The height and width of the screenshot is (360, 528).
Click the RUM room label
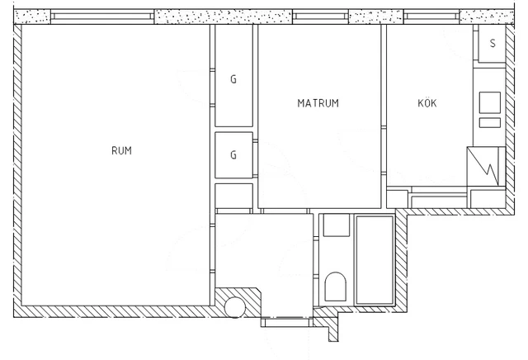point(121,151)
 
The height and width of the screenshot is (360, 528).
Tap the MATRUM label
point(318,103)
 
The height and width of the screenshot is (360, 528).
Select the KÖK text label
point(427,103)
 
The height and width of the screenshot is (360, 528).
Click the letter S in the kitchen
point(493,43)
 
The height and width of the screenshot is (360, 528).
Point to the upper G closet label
point(233,80)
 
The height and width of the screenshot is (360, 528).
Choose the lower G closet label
point(233,154)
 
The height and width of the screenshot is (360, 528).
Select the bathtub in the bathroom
point(375,260)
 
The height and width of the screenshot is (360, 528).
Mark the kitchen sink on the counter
point(488,102)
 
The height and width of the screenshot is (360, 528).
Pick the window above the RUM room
point(102,17)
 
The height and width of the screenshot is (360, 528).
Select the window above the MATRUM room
point(321,17)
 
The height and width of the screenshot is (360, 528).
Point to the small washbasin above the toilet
point(336,225)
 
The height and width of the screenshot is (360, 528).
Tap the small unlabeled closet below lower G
point(233,196)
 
